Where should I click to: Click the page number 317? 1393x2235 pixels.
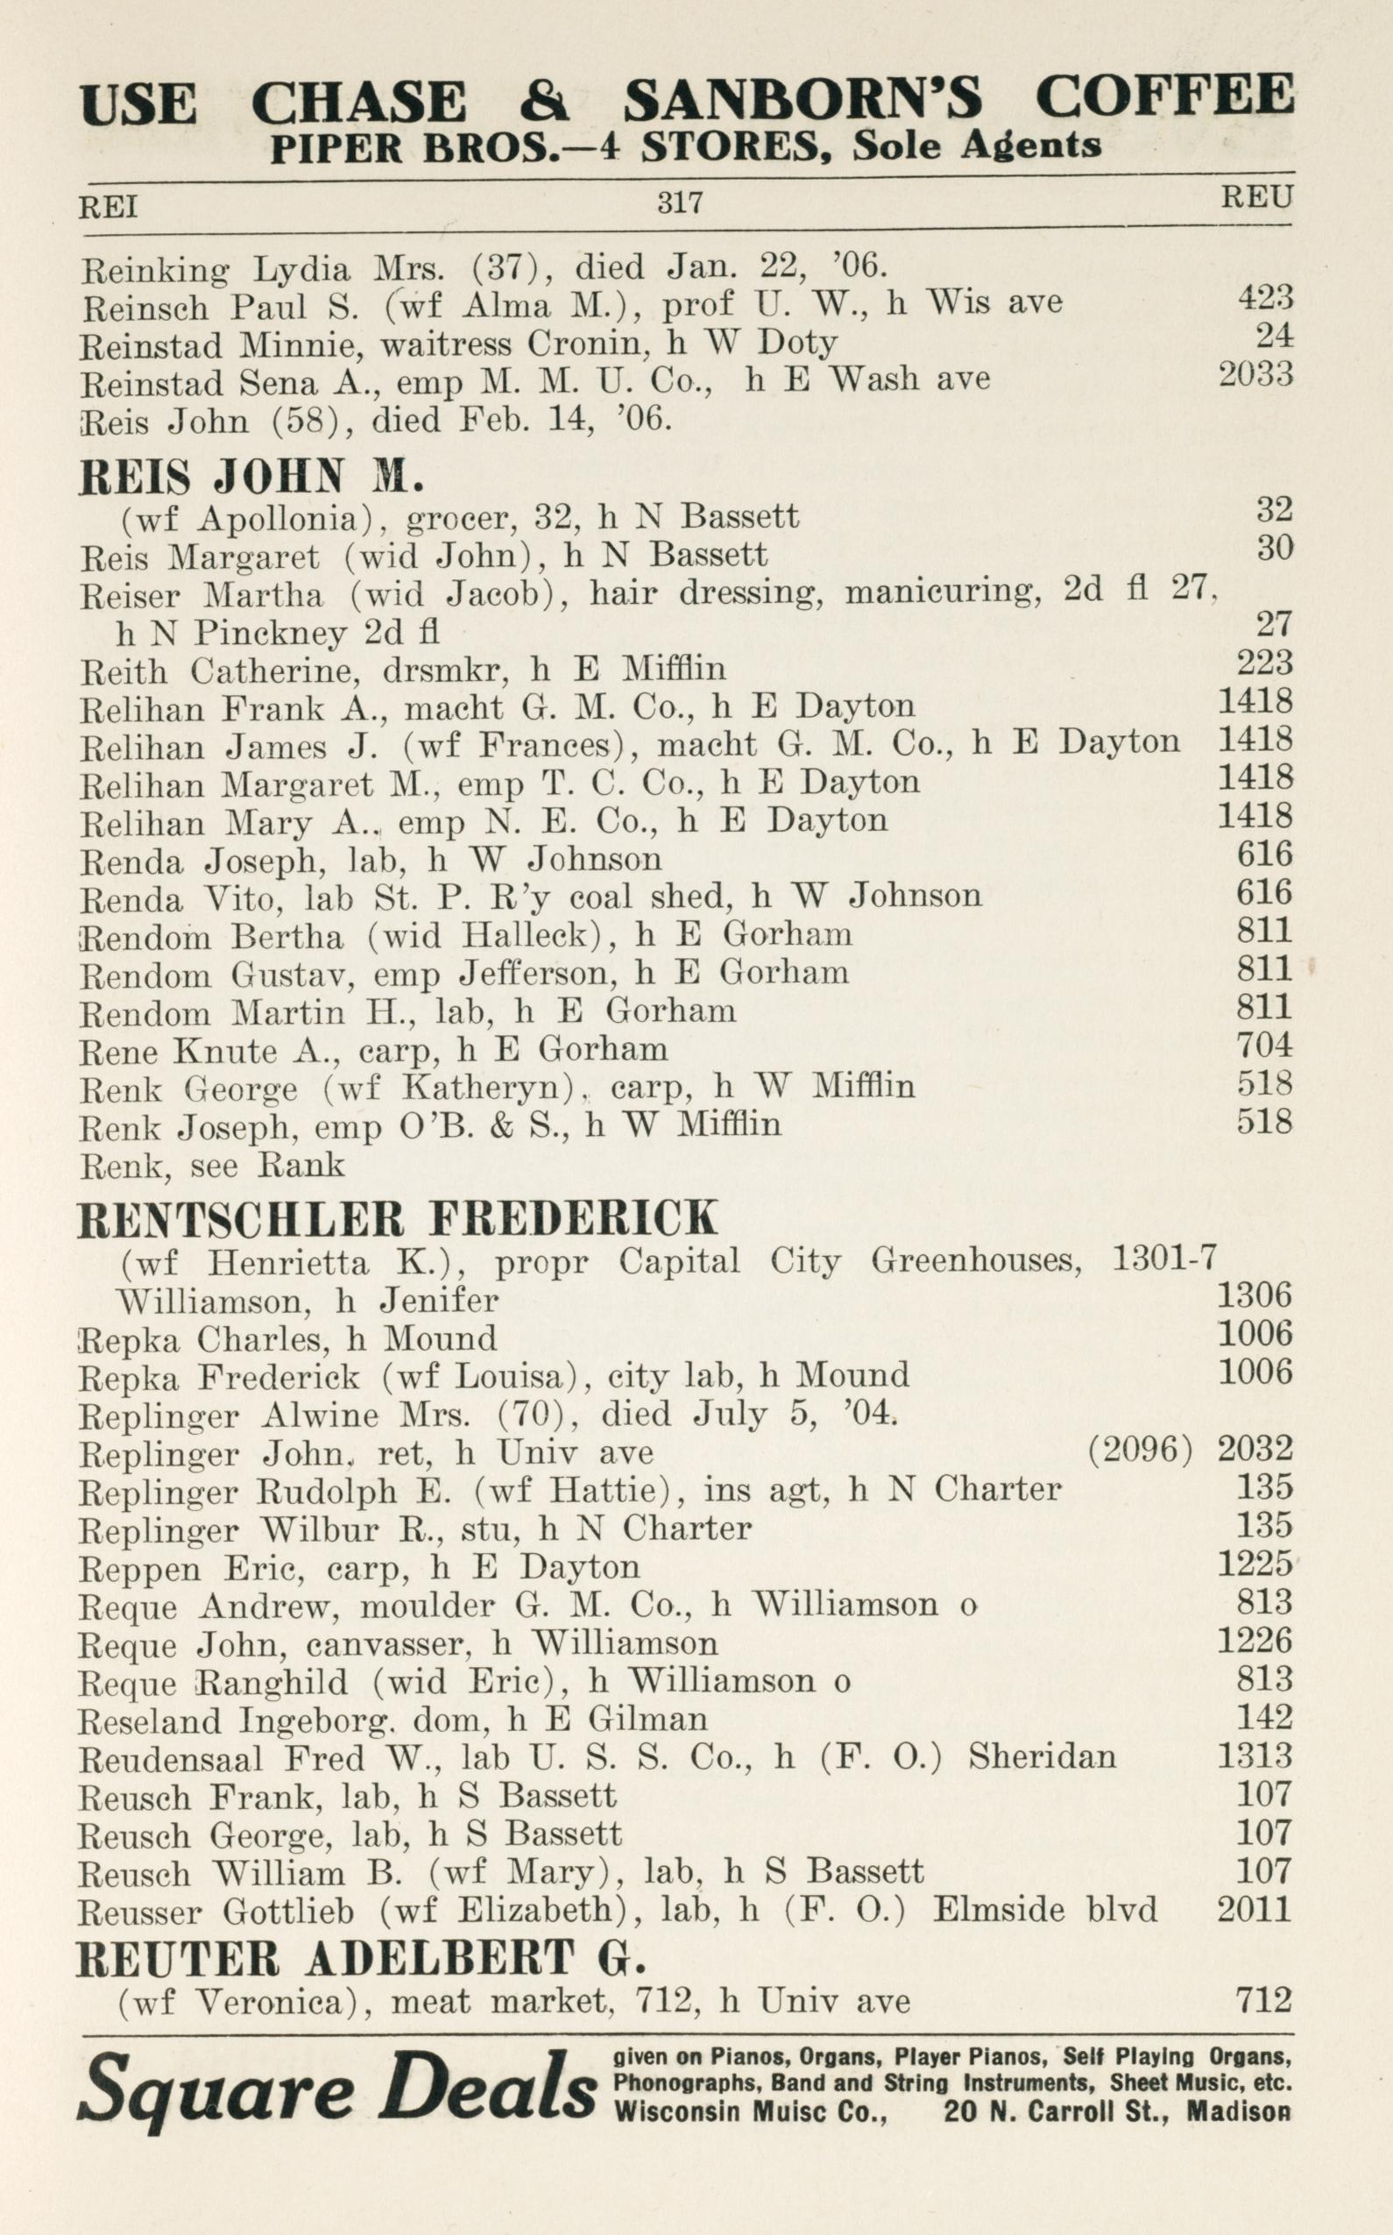[x=680, y=202]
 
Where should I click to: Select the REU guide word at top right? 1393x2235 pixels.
[x=1256, y=196]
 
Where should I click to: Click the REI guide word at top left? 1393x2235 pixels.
[x=108, y=208]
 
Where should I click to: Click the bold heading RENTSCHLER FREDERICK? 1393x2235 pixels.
[x=397, y=1218]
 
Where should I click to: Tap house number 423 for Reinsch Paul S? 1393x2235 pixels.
[x=1265, y=297]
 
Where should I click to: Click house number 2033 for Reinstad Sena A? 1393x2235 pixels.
[x=1255, y=373]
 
